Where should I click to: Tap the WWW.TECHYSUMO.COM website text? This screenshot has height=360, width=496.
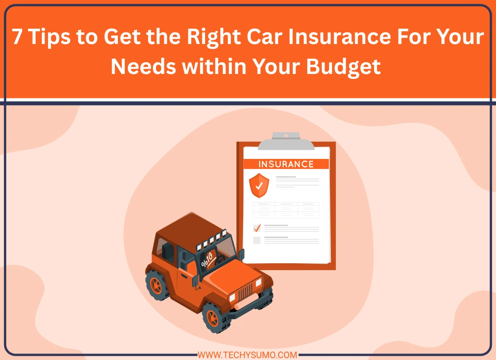[x=248, y=355]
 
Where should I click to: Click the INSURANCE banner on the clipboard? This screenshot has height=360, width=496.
[x=286, y=164]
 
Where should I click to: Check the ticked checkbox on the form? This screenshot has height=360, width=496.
[x=257, y=227]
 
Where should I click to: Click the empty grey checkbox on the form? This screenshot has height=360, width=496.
[x=257, y=240]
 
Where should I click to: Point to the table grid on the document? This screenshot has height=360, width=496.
[x=286, y=210]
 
